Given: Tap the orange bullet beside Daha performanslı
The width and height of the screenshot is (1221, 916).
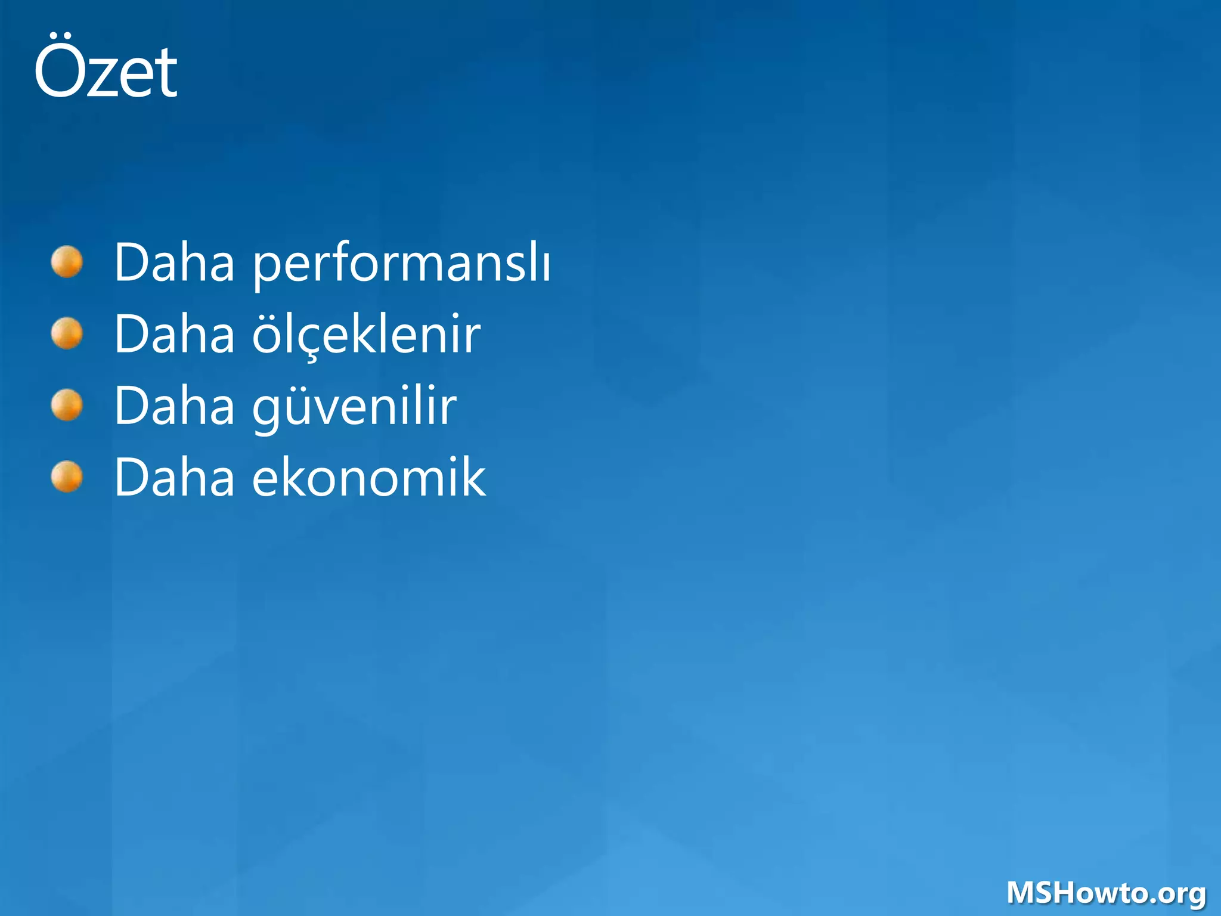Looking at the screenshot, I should pyautogui.click(x=67, y=262).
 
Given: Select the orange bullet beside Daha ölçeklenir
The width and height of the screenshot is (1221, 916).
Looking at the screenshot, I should pyautogui.click(x=67, y=333).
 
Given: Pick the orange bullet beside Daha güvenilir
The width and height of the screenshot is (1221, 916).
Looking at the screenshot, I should pyautogui.click(x=67, y=405).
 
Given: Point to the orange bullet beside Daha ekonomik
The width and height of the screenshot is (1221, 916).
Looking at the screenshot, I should pyautogui.click(x=67, y=477).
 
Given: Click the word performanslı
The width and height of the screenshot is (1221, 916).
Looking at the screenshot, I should pyautogui.click(x=402, y=264).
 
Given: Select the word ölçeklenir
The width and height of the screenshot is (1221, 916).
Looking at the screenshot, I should pyautogui.click(x=366, y=335).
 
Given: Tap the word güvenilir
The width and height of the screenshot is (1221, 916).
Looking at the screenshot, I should pyautogui.click(x=354, y=407).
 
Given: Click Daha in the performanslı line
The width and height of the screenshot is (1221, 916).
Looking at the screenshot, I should pyautogui.click(x=175, y=262).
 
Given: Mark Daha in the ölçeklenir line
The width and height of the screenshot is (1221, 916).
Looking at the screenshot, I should pyautogui.click(x=175, y=334).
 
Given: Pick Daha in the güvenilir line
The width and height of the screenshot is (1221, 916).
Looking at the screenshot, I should pyautogui.click(x=175, y=406).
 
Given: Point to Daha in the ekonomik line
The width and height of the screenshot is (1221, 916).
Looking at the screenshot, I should pyautogui.click(x=175, y=477).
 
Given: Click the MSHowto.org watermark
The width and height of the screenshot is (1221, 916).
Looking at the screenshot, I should pyautogui.click(x=1107, y=893).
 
